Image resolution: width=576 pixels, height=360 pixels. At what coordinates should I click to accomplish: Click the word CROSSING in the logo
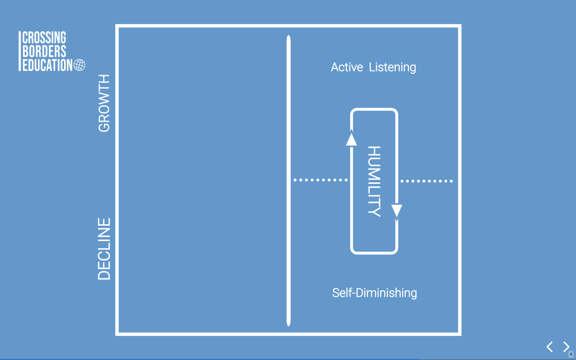click(x=44, y=38)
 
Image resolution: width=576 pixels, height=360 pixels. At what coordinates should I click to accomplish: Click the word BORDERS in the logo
click(x=44, y=51)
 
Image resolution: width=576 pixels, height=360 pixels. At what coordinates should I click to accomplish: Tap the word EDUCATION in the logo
click(x=47, y=65)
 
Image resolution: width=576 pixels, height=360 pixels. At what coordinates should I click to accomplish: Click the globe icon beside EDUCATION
click(x=79, y=65)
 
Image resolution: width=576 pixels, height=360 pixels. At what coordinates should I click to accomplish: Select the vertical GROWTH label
click(x=104, y=103)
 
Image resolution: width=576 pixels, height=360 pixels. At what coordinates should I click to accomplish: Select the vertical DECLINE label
click(x=104, y=249)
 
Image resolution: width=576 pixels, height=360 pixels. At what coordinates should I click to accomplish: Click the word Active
click(x=347, y=67)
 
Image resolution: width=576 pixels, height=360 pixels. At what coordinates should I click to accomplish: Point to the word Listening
click(x=392, y=67)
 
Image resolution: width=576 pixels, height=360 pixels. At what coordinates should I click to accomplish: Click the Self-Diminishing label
click(x=374, y=293)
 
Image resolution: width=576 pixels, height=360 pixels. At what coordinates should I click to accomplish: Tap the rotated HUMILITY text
click(x=374, y=181)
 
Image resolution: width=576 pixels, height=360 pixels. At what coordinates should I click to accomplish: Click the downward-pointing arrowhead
click(x=397, y=211)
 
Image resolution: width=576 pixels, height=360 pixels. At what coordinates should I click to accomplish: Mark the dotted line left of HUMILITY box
click(x=321, y=180)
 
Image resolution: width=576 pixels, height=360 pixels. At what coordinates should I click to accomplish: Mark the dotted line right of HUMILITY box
click(x=426, y=181)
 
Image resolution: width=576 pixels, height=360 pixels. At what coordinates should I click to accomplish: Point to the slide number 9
click(x=571, y=354)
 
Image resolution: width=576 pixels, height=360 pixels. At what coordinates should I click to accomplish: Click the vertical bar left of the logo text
click(x=19, y=51)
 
